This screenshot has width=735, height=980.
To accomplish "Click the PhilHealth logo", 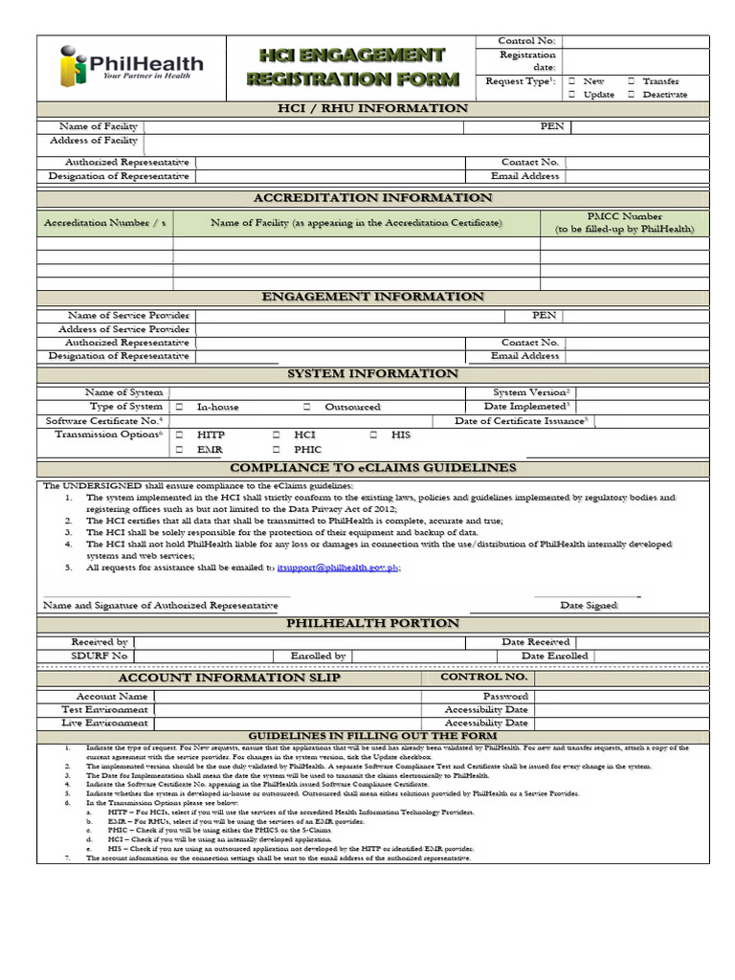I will click(131, 67).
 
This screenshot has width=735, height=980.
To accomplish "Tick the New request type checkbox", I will click(570, 82).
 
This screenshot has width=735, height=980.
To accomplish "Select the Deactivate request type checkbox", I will click(632, 95).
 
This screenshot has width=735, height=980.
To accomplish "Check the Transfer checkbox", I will click(632, 82).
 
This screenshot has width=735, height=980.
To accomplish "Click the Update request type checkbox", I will click(570, 95).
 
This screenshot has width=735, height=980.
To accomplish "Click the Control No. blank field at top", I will click(635, 41).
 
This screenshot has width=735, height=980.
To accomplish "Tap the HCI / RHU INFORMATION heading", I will click(372, 108).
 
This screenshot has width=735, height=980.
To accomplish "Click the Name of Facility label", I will click(98, 126).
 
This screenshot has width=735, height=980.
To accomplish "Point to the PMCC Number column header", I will click(624, 223).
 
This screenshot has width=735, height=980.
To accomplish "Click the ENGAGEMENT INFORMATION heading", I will click(372, 297).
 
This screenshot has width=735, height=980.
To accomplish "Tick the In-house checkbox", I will click(179, 407).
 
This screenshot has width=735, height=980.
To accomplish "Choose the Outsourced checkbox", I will click(307, 407).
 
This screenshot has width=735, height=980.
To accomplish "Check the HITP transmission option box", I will click(179, 434).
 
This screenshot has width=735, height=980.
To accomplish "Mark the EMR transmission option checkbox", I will click(179, 449).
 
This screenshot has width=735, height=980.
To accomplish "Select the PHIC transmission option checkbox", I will click(276, 449).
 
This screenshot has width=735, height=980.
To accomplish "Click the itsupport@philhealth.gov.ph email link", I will click(338, 568).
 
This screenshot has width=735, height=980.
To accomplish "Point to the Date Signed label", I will click(589, 606).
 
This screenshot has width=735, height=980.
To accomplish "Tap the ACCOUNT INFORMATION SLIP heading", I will click(229, 678).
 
